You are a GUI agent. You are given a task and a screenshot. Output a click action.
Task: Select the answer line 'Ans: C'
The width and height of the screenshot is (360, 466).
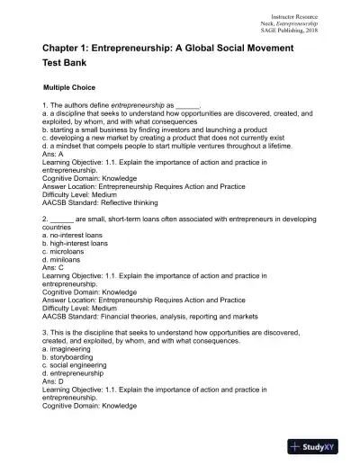pyautogui.click(x=55, y=267)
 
